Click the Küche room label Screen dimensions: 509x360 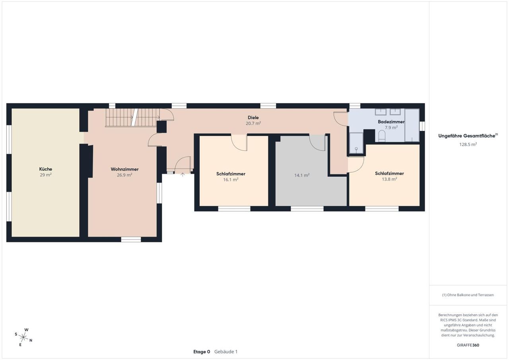[x=46, y=169]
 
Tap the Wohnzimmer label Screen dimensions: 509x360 [x=124, y=169]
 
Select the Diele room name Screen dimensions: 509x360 [x=253, y=117]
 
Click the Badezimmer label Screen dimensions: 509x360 [x=391, y=122]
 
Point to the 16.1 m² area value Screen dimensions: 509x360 [x=231, y=179]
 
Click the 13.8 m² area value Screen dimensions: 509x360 [x=389, y=179]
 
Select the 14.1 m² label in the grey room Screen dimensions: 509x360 [x=302, y=175]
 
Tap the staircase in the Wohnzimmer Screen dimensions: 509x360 [x=133, y=117]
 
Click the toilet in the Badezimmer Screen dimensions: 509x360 [x=382, y=136]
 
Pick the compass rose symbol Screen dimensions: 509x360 [x=23, y=337]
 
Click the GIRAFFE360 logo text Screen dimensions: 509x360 [x=468, y=345]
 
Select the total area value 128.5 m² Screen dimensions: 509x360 [x=468, y=144]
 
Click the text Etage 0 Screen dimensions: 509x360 [x=202, y=352]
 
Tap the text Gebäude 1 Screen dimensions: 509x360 [x=226, y=352]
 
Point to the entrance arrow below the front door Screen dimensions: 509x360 [x=183, y=175]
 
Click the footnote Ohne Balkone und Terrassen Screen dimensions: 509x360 [x=468, y=295]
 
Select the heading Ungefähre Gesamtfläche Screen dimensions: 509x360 [x=467, y=136]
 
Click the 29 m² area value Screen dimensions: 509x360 [x=46, y=175]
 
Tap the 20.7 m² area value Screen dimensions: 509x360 [x=253, y=123]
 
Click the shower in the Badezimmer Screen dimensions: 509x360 [x=356, y=143]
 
